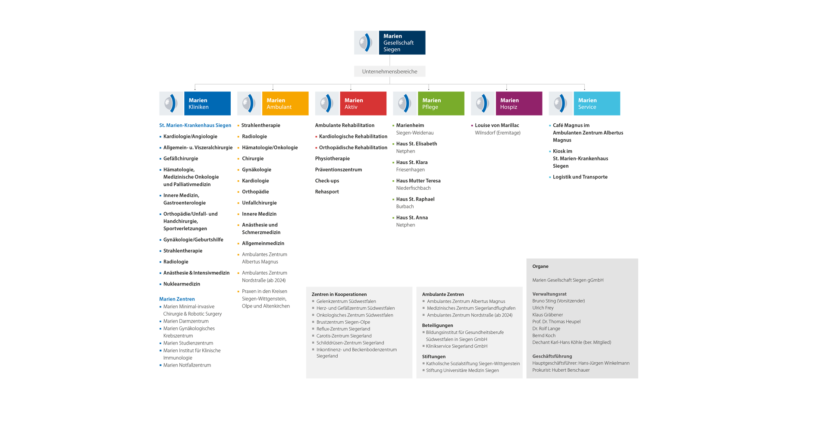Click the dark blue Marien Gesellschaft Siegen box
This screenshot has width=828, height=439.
coord(402,43)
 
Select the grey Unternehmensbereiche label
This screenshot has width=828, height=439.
coord(390,72)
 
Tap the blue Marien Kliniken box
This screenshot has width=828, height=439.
coord(207,103)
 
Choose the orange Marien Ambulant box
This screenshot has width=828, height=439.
coord(285,103)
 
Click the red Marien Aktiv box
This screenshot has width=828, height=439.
coord(363,103)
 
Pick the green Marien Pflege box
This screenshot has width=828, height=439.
coord(441,103)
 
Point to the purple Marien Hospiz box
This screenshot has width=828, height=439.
coord(519,103)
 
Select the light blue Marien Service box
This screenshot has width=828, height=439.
coord(597,103)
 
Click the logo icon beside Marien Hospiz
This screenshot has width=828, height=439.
coord(483,103)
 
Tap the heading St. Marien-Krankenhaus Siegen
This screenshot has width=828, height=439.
coord(195,125)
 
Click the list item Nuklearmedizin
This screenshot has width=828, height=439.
coord(182,284)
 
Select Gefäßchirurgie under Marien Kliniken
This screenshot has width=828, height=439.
coord(181,159)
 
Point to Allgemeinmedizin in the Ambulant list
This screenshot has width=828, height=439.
coord(263,244)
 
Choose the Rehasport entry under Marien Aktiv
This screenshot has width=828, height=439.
coord(327,192)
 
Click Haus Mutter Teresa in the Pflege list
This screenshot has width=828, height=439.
coord(418,181)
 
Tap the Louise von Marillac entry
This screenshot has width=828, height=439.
coord(497,125)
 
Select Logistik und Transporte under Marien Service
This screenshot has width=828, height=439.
coord(580,177)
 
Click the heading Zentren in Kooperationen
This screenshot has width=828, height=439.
coord(339,295)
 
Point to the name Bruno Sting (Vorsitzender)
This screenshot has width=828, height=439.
coord(558,301)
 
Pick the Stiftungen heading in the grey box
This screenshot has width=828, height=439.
coord(434,357)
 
